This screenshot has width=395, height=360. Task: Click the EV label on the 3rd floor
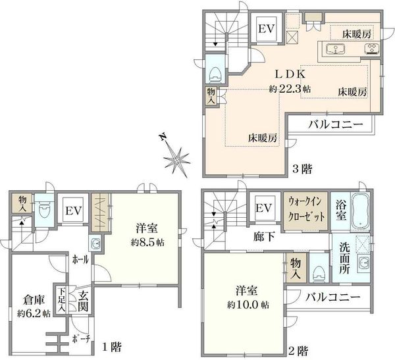[267, 29]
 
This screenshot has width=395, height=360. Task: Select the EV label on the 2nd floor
[264, 208]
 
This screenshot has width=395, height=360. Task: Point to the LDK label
[290, 74]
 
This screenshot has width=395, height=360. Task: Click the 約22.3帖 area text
[290, 89]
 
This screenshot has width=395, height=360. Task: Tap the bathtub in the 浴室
[360, 211]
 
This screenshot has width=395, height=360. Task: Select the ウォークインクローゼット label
[305, 209]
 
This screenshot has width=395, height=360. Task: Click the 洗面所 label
[344, 258]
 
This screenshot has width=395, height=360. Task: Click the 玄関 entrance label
[83, 301]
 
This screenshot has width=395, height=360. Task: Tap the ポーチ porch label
[81, 339]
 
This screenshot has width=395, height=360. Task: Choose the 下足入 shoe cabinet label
[61, 300]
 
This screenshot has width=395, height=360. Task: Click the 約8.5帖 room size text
[147, 242]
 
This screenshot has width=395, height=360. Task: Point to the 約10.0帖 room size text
[248, 305]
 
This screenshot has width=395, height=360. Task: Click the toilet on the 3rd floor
[215, 73]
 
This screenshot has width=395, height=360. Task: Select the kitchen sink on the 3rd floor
[335, 49]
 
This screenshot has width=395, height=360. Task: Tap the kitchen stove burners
[371, 49]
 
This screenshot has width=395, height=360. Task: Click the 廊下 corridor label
[264, 236]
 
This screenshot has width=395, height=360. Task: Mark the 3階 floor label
[302, 168]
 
